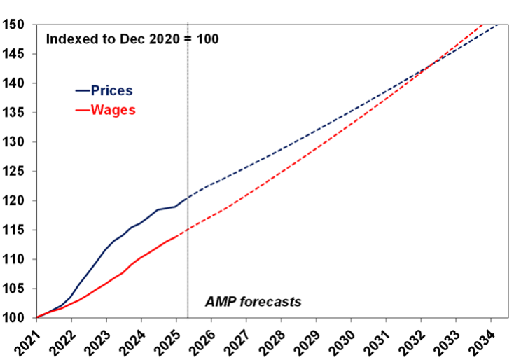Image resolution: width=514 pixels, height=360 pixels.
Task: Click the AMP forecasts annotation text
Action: pos(253,302)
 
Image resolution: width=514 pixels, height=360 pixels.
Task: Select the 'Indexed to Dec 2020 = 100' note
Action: pos(132,39)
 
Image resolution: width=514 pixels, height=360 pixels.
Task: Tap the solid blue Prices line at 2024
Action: pos(141,223)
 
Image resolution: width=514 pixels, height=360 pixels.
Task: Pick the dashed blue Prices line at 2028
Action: pos(281,148)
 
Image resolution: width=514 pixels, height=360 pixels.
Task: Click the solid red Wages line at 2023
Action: pos(106,284)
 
